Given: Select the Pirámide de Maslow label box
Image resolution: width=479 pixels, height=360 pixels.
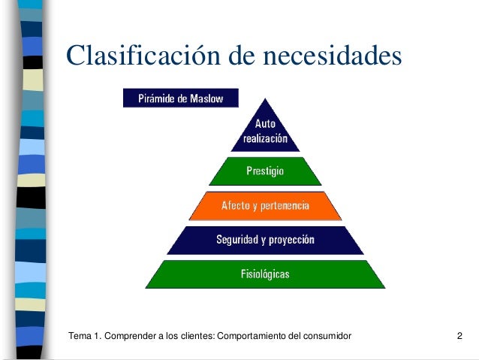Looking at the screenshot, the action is [180, 98].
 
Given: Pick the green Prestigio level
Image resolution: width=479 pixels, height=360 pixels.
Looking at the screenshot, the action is [265, 171].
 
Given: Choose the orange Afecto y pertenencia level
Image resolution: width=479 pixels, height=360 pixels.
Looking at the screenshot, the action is [265, 205].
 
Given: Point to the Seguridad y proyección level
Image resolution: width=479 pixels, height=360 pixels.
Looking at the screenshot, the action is [265, 241].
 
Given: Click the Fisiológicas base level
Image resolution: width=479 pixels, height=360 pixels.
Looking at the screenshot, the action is [265, 274].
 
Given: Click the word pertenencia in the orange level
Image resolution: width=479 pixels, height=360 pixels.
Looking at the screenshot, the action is [282, 205].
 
